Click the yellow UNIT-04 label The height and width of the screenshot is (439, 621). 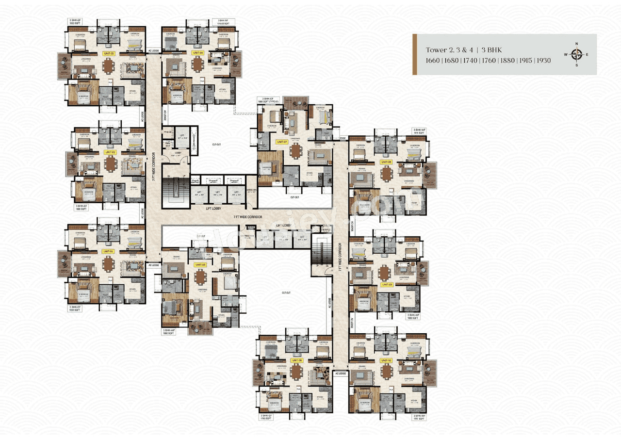(197, 52)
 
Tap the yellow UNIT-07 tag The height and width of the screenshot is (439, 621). (280, 142)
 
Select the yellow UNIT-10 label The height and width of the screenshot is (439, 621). (386, 360)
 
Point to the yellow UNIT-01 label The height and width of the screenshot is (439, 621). (108, 251)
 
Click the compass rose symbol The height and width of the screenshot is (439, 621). (576, 54)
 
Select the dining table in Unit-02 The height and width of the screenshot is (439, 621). (112, 163)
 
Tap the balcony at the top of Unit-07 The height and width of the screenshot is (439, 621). (295, 102)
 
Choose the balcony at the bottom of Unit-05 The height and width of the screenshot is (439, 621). (200, 328)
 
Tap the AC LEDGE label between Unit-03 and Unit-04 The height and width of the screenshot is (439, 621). (153, 50)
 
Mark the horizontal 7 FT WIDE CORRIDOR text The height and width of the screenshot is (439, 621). (247, 217)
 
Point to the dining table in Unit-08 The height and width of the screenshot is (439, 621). (386, 174)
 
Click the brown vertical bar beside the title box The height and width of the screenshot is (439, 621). (415, 54)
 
